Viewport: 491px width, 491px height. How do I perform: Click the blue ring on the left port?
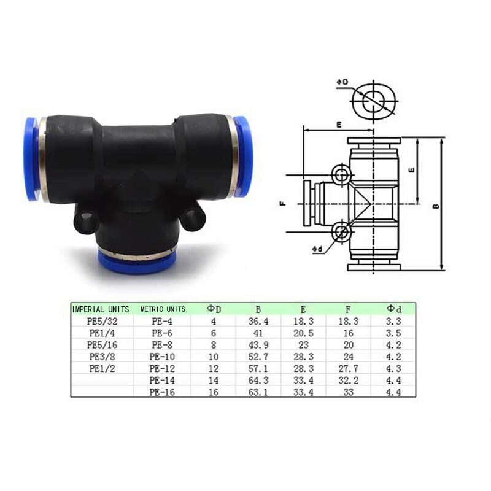click(x=30, y=158)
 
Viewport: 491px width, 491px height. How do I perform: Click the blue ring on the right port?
click(x=242, y=156)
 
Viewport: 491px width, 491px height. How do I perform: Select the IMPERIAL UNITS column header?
click(x=101, y=309)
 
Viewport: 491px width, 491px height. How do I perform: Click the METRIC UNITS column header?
click(x=163, y=309)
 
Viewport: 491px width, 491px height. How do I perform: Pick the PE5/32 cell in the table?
click(x=101, y=320)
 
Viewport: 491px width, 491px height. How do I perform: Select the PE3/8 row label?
click(x=101, y=356)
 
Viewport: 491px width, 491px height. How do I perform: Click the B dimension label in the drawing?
click(x=435, y=206)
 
